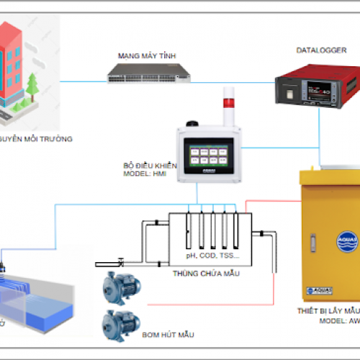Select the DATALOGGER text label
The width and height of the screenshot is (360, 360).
(x=316, y=50)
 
